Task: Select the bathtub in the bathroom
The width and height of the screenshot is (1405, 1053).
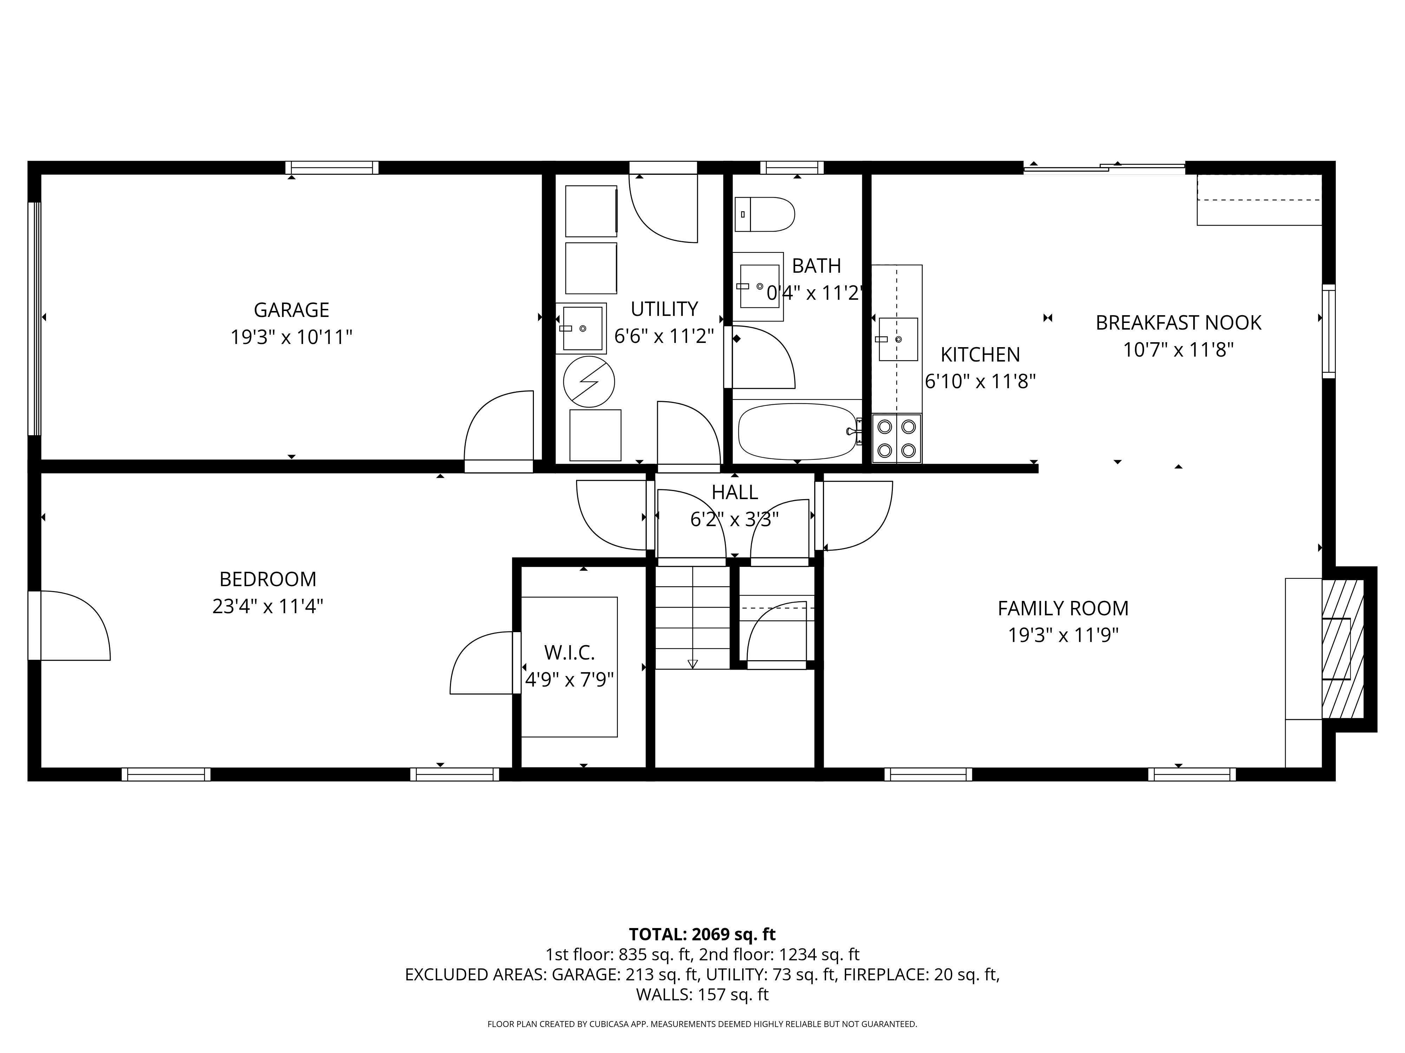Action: (x=797, y=432)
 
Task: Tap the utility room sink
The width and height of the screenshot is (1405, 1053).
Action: (x=582, y=328)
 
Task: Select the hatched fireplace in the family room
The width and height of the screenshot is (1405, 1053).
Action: (x=1343, y=649)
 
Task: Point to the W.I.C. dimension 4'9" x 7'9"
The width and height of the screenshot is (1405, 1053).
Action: (x=569, y=680)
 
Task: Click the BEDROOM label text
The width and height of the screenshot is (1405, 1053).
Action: (x=267, y=579)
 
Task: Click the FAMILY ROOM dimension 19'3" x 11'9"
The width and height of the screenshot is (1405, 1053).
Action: (x=1063, y=635)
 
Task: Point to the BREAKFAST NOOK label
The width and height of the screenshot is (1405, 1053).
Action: (x=1178, y=323)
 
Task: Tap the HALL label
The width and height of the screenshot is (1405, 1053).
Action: (x=734, y=492)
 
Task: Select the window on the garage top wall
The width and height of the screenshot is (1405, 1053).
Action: (x=332, y=167)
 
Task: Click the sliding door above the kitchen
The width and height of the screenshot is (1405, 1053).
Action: (x=1104, y=167)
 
